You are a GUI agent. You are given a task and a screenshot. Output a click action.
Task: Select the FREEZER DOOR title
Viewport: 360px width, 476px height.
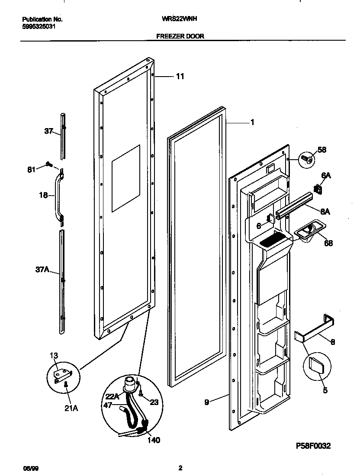coord(180,37)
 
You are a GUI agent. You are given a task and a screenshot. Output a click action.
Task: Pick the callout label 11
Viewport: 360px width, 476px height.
coord(180,77)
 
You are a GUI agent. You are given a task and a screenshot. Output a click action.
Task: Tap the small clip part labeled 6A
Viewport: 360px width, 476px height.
coord(319,188)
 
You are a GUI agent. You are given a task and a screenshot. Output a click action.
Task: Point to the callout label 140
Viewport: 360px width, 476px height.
coord(154,440)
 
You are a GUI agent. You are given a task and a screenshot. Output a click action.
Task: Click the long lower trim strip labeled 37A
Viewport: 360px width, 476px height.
coord(63,281)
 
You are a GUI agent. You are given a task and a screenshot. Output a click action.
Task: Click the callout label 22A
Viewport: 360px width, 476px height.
coord(111,396)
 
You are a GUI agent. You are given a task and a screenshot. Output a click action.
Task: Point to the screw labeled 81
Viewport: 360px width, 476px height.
coord(49,164)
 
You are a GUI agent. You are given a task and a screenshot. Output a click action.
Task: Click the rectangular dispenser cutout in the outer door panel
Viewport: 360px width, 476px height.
coord(126,178)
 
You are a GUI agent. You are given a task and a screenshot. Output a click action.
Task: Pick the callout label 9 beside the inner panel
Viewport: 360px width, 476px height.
coord(207,402)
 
